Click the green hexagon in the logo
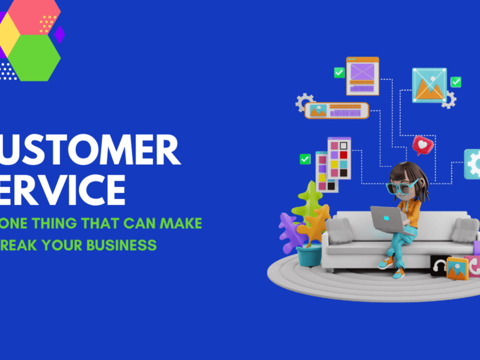coord(35,58)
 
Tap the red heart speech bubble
coord(422,144)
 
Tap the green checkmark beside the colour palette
coord(305,159)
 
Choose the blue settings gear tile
coord(472,164)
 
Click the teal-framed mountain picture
coord(429,85)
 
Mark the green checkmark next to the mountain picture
coord(456,82)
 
